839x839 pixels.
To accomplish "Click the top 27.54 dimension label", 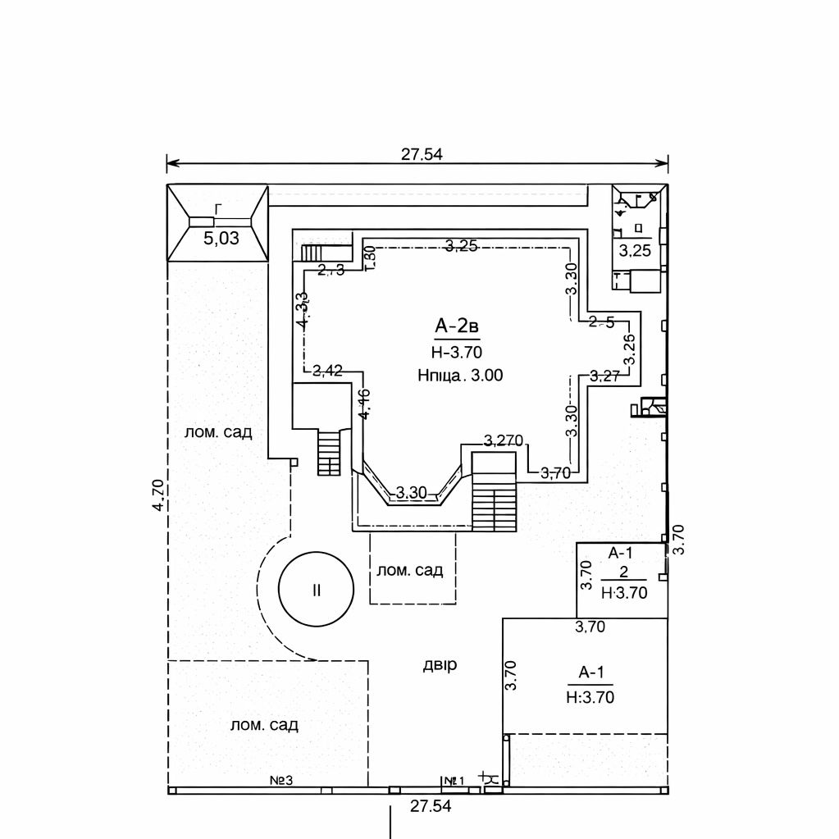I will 422,153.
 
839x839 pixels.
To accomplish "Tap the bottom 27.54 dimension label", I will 431,806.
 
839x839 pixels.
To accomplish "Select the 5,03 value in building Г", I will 221,239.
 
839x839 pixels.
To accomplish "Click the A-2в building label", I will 457,327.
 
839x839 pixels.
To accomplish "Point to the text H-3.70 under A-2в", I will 456,353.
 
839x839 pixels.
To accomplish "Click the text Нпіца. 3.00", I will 459,375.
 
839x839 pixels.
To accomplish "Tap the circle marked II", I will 316,590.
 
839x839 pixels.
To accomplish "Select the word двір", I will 440,664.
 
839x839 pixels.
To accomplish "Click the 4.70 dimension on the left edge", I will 159,496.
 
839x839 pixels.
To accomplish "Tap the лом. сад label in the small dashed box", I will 410,570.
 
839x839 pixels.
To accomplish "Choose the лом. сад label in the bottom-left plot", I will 264,725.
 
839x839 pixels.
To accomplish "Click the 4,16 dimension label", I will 364,404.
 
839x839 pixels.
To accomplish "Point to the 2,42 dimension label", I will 328,370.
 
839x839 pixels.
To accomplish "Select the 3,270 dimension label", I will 504,440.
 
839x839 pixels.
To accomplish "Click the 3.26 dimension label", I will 629,349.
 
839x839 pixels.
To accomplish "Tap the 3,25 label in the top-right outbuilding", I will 635,251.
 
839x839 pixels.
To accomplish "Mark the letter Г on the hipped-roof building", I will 218,209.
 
